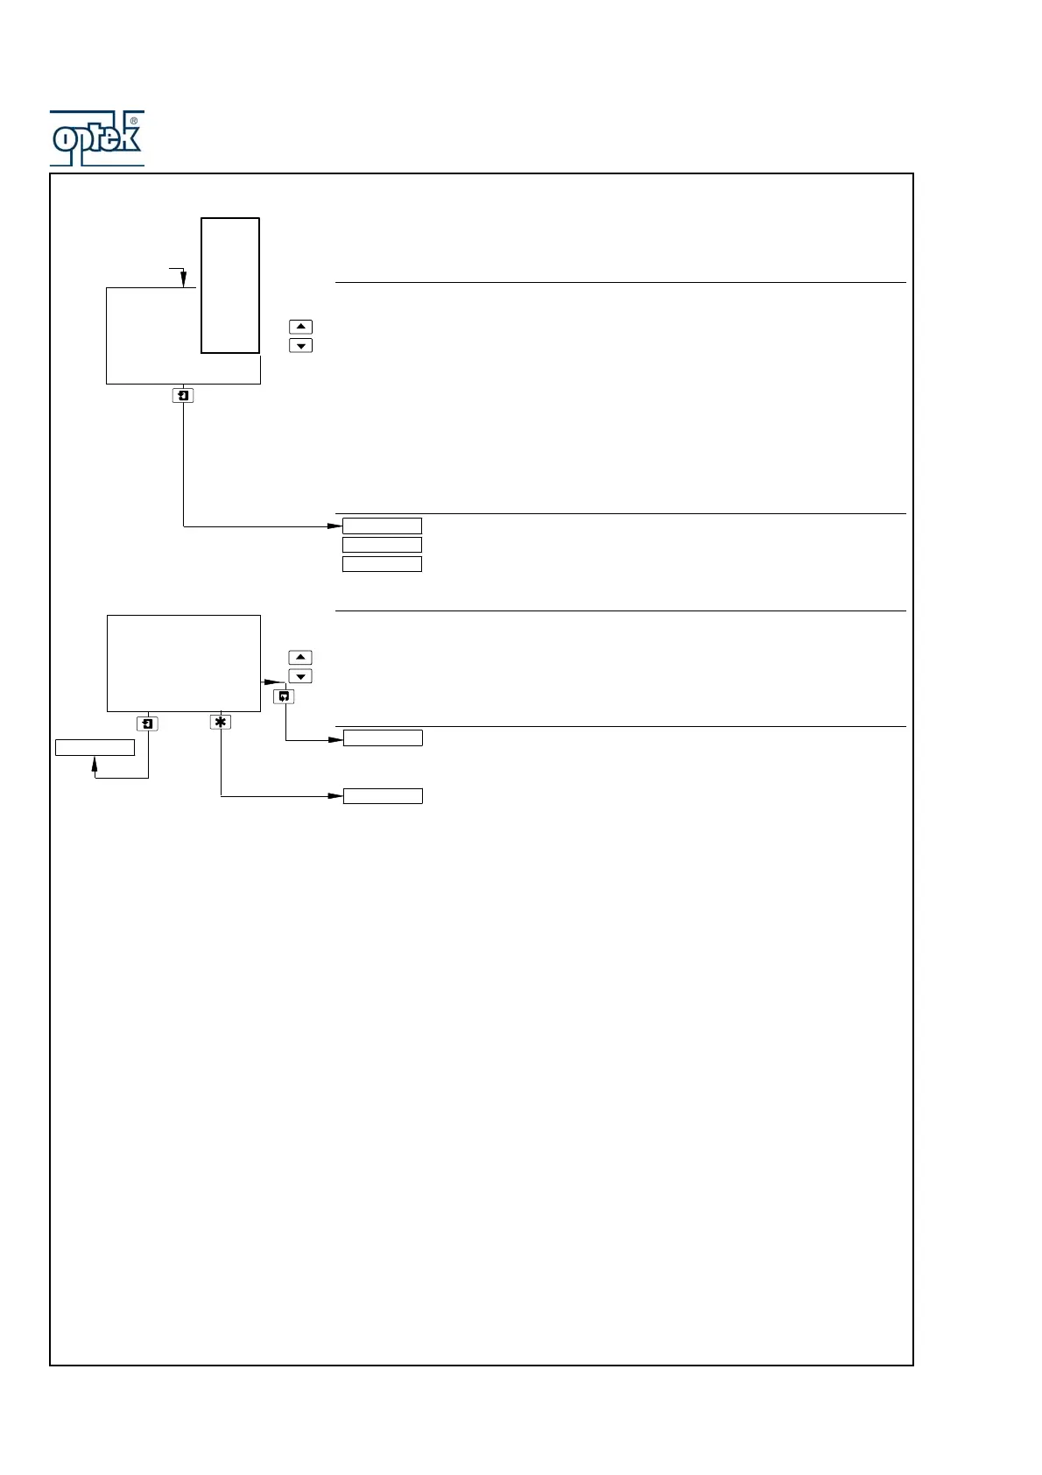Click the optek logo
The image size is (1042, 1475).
[96, 138]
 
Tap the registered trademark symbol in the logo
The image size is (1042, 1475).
[133, 121]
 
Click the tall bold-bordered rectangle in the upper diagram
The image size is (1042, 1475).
[230, 286]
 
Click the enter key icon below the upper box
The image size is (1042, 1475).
[183, 396]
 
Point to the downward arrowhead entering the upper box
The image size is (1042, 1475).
[183, 280]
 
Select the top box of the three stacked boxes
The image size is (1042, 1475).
[382, 526]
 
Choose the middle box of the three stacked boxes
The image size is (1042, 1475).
[382, 545]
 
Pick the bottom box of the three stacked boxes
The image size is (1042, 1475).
[382, 564]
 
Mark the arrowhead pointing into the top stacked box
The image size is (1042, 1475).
[334, 526]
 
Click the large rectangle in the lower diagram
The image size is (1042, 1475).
[184, 663]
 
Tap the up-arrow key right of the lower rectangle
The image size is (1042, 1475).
[300, 657]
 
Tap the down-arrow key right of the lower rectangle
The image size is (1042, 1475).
[300, 676]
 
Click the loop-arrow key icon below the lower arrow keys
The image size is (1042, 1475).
[284, 696]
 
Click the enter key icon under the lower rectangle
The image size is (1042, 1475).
[148, 723]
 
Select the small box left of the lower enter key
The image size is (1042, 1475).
[95, 747]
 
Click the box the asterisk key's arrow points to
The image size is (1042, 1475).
[383, 796]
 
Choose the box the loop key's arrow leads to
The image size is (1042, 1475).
[383, 738]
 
